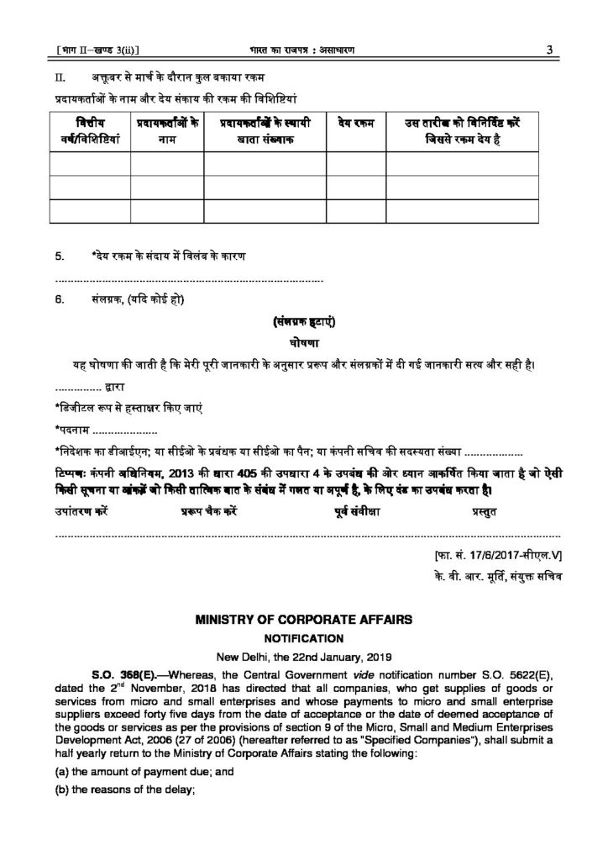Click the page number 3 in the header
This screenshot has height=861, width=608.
click(547, 50)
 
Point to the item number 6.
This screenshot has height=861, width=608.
click(59, 300)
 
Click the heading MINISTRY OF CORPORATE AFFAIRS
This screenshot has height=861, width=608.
click(303, 620)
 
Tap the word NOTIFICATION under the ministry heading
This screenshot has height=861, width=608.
click(303, 638)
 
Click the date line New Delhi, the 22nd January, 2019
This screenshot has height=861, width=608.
click(303, 656)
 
